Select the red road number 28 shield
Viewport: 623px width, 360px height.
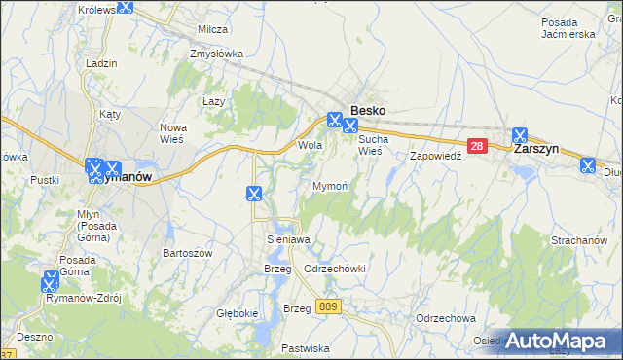tap(476, 147)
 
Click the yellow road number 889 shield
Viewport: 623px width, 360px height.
tap(328, 306)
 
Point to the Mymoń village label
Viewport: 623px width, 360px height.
tap(330, 185)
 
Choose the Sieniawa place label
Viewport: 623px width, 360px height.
tap(287, 238)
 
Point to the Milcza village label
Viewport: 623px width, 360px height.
tap(212, 29)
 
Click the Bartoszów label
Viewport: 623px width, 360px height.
tap(188, 252)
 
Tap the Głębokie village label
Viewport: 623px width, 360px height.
tap(237, 313)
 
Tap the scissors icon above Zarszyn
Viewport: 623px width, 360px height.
tap(519, 135)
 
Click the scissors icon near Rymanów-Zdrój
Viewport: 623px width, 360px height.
tap(50, 281)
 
